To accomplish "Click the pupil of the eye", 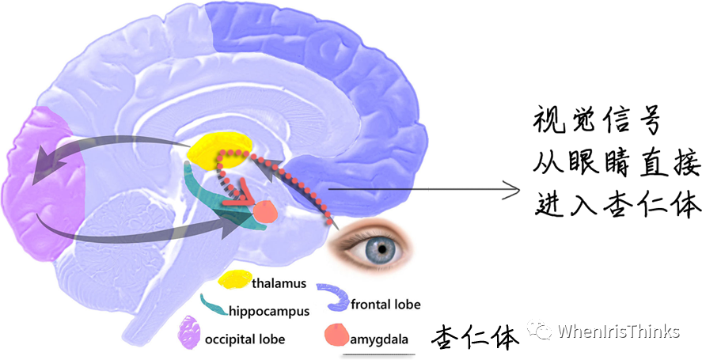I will point(382,248).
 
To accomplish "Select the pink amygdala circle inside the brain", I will point(263,211).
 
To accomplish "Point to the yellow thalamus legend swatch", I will point(235,280).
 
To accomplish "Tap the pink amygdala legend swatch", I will point(336,335).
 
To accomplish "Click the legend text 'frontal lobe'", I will point(385,304).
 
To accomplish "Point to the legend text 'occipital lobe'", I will point(245,339).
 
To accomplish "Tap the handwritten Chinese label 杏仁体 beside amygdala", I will point(475,337).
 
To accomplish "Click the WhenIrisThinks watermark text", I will point(618,332).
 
